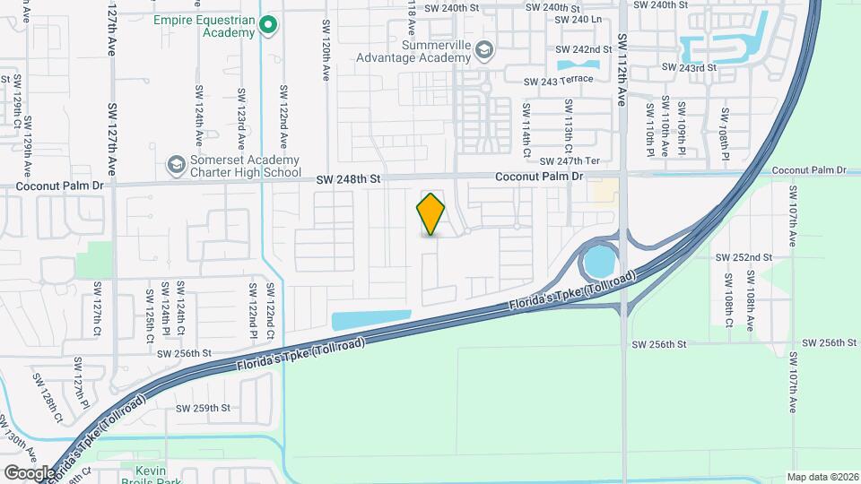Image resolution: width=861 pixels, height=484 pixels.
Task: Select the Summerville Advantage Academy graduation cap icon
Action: point(484,49)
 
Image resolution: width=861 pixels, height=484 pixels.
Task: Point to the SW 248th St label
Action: point(349,179)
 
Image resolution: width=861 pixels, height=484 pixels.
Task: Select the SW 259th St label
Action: point(204,408)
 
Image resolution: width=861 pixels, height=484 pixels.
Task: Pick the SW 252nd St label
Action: point(744,257)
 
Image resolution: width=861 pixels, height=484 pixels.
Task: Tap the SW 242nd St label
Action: point(584,49)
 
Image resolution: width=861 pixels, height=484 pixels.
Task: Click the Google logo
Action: point(29,472)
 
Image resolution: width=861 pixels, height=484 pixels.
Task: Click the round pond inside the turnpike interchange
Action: point(598,263)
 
